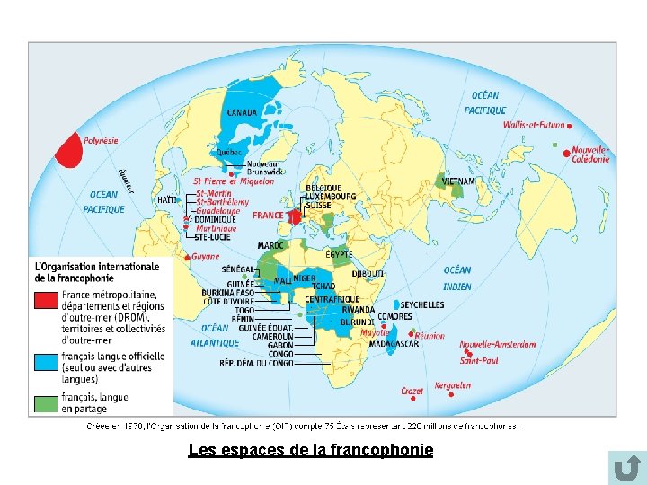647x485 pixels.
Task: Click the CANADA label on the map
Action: (x=241, y=113)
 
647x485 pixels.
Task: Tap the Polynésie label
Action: (x=101, y=141)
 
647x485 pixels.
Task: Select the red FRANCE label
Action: (x=267, y=216)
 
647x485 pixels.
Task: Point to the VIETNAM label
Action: (x=458, y=181)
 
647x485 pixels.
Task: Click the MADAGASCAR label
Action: (x=394, y=344)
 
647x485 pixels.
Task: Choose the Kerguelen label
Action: (x=452, y=386)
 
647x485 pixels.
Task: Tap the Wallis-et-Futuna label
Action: (x=534, y=126)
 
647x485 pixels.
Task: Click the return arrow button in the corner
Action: (x=626, y=468)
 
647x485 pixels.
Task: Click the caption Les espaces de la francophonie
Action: (x=310, y=450)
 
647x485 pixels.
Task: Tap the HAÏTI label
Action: (x=167, y=199)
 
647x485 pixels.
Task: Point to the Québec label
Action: (x=230, y=153)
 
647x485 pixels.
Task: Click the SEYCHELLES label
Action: (x=422, y=304)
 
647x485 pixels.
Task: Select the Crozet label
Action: (x=412, y=392)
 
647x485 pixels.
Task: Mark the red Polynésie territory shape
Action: (x=67, y=150)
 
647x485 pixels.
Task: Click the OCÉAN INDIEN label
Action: (x=457, y=278)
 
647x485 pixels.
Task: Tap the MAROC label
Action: (x=270, y=245)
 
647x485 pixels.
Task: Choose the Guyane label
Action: (x=206, y=257)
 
